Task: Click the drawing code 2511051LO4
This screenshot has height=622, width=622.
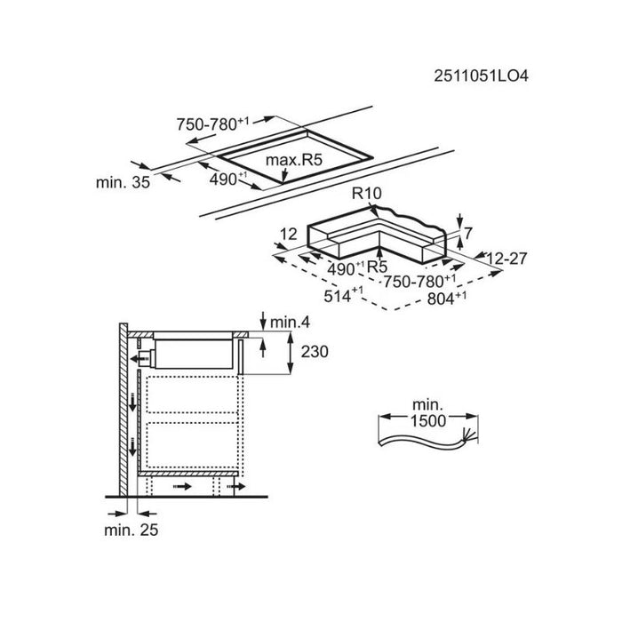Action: pyautogui.click(x=481, y=76)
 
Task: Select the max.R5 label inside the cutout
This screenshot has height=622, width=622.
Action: pyautogui.click(x=294, y=160)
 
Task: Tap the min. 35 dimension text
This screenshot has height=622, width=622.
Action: pyautogui.click(x=123, y=182)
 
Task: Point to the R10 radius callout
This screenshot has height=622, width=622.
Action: pyautogui.click(x=366, y=193)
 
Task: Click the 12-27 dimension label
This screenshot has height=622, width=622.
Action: pyautogui.click(x=506, y=259)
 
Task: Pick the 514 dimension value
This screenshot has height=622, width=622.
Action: pyautogui.click(x=343, y=296)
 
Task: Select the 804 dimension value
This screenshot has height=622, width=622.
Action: pyautogui.click(x=447, y=298)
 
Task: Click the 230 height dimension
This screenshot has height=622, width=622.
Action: pyautogui.click(x=315, y=352)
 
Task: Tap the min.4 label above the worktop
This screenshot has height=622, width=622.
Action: pyautogui.click(x=290, y=323)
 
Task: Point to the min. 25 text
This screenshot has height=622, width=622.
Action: pyautogui.click(x=131, y=530)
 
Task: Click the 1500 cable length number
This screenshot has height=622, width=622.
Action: pyautogui.click(x=428, y=421)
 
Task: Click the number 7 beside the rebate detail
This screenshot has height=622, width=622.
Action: pyautogui.click(x=468, y=233)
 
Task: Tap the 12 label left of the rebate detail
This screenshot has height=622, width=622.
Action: pyautogui.click(x=289, y=234)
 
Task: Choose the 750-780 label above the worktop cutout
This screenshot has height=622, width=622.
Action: pyautogui.click(x=212, y=124)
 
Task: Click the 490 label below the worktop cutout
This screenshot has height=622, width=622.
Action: pyautogui.click(x=228, y=179)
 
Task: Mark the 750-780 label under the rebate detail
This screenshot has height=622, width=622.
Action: pyautogui.click(x=419, y=281)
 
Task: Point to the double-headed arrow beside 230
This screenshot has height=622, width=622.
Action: pyautogui.click(x=291, y=354)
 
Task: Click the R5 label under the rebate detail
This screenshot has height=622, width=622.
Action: pyautogui.click(x=377, y=267)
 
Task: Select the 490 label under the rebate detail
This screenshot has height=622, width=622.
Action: pyautogui.click(x=346, y=268)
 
